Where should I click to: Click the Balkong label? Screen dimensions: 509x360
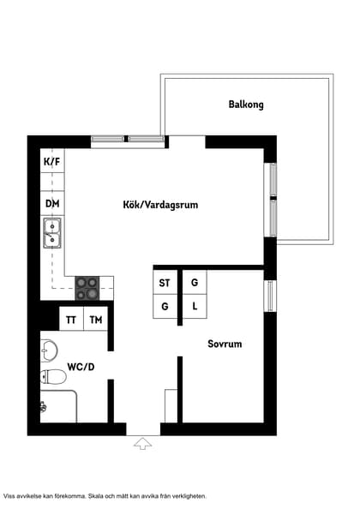(246, 105)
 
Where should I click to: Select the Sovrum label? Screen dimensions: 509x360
(225, 344)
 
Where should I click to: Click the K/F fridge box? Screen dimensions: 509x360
(52, 161)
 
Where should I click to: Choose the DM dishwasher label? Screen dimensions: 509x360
(52, 203)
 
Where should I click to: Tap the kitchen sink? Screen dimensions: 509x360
(51, 232)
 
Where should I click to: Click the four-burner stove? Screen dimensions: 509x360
(87, 287)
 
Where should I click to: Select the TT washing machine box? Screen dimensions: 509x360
(71, 320)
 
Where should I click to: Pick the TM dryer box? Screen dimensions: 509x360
(96, 320)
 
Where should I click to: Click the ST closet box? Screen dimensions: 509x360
(165, 282)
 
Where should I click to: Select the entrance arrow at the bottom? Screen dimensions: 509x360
(143, 443)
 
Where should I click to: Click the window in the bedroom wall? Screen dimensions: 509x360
(270, 296)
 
